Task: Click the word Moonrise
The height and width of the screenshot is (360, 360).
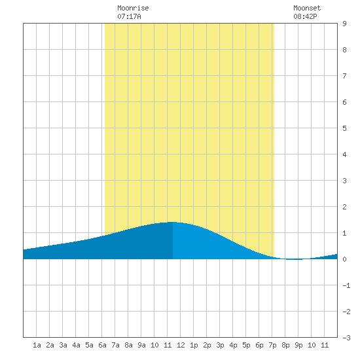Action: (x=133, y=8)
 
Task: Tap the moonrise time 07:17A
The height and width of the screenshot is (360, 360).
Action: (x=129, y=16)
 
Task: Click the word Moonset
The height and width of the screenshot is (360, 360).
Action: (x=307, y=8)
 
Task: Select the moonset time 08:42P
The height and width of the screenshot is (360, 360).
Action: (x=305, y=16)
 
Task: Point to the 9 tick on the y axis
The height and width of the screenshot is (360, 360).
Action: (x=344, y=24)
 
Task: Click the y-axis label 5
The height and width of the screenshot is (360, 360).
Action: (x=344, y=128)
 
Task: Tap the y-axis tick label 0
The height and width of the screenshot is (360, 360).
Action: (x=344, y=259)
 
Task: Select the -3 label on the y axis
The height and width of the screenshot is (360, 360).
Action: (x=346, y=338)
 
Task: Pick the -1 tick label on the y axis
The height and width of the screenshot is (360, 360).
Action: (x=346, y=285)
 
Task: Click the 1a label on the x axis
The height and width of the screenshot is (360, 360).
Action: (x=37, y=345)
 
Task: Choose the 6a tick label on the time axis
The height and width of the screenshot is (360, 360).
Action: (x=102, y=345)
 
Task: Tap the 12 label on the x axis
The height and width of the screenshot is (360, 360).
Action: (x=181, y=345)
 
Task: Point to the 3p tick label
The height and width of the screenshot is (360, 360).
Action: (x=220, y=345)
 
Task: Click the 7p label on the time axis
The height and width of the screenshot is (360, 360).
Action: (x=272, y=345)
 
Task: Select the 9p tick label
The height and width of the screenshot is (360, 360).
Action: (x=298, y=345)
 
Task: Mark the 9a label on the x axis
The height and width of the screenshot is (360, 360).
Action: (x=141, y=345)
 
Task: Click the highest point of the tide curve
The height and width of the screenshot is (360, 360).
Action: (x=172, y=222)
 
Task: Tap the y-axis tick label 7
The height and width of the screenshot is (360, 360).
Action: (x=344, y=76)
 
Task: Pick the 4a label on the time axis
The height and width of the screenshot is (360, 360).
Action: (x=76, y=345)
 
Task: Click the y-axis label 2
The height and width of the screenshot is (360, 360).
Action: (x=344, y=207)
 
